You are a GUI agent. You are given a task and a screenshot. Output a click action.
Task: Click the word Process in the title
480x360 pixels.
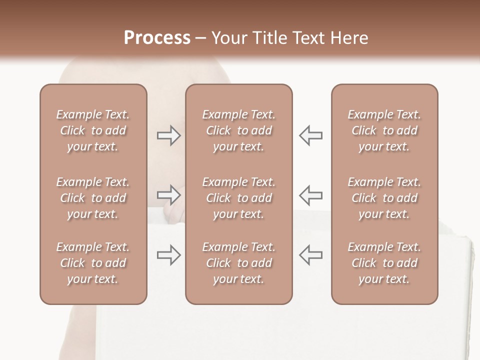(157, 38)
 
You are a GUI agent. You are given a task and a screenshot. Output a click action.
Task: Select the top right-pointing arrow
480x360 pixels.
(168, 135)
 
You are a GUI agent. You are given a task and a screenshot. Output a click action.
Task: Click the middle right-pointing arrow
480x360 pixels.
(168, 195)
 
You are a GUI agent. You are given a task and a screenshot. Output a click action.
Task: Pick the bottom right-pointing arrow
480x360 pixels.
(168, 255)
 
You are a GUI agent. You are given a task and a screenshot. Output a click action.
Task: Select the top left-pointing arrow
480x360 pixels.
(310, 135)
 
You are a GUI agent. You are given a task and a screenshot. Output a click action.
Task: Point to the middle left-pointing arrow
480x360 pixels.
(310, 195)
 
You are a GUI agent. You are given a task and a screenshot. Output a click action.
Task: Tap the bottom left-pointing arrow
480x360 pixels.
(310, 255)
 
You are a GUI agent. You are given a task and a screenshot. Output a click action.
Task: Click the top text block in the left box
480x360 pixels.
(93, 130)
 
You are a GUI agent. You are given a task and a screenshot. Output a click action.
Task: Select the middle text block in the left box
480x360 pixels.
(93, 198)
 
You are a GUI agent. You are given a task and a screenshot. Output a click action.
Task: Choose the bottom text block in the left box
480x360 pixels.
(93, 263)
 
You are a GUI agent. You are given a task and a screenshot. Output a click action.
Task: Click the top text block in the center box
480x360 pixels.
(238, 130)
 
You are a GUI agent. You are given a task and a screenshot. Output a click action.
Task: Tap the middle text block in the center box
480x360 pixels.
(238, 198)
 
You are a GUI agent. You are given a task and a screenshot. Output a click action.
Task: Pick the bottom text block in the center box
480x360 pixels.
(238, 263)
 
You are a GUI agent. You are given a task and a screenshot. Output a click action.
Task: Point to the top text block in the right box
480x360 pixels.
(384, 130)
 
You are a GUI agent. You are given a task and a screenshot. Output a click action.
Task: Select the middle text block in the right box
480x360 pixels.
(384, 198)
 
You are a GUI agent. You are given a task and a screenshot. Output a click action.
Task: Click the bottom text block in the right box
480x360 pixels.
(384, 263)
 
